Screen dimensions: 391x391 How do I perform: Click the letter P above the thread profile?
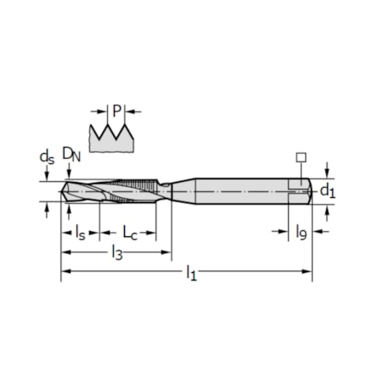pyautogui.click(x=117, y=110)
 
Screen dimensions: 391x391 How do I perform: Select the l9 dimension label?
pyautogui.click(x=301, y=231)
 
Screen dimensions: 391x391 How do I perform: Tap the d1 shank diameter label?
pyautogui.click(x=326, y=192)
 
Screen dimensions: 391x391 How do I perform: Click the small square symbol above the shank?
pyautogui.click(x=299, y=157)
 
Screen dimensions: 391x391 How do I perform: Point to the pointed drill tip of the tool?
pyautogui.click(x=65, y=191)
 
